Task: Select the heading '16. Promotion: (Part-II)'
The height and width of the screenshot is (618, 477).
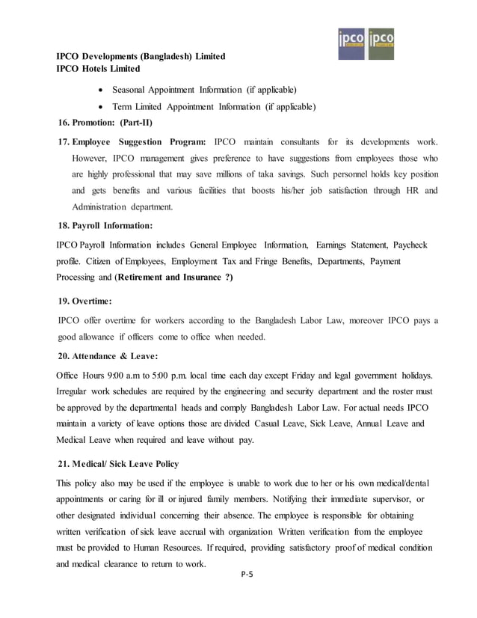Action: [x=105, y=123]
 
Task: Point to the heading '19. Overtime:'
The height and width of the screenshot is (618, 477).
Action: [x=85, y=301]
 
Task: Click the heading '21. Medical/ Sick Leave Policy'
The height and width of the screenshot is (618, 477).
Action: [x=118, y=464]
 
